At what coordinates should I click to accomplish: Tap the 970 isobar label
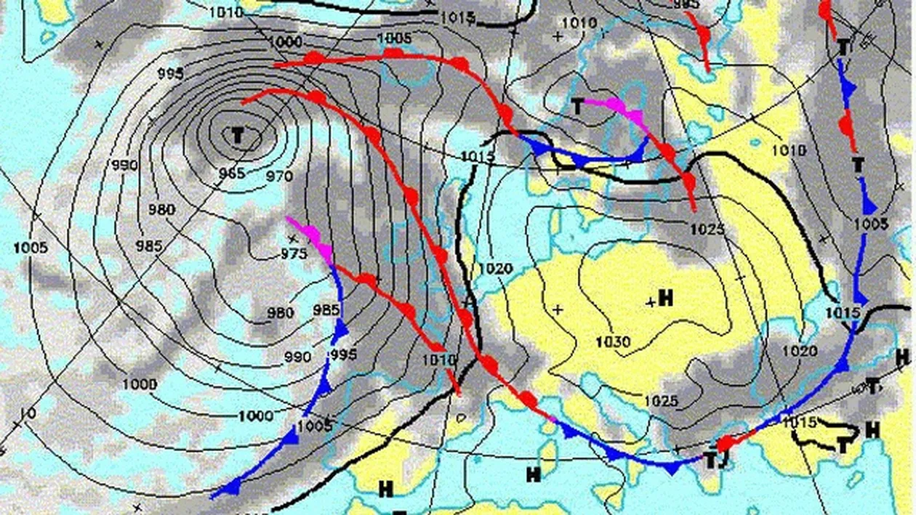pos(279,177)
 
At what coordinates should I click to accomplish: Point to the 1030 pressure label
pos(613,341)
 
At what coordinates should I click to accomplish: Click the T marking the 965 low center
pos(237,134)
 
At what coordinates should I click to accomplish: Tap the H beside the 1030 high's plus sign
pos(664,298)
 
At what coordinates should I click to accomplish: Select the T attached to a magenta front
pos(577,108)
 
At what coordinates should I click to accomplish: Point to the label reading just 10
pos(28,413)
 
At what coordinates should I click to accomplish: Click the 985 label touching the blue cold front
pos(326,310)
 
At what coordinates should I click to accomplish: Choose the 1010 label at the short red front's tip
pos(438,359)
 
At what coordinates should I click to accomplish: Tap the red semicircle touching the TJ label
pos(725,444)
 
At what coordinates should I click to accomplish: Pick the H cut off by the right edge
pos(904,357)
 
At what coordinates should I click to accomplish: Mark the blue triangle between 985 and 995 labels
pos(340,332)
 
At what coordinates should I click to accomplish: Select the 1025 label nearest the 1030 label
pos(661,401)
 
